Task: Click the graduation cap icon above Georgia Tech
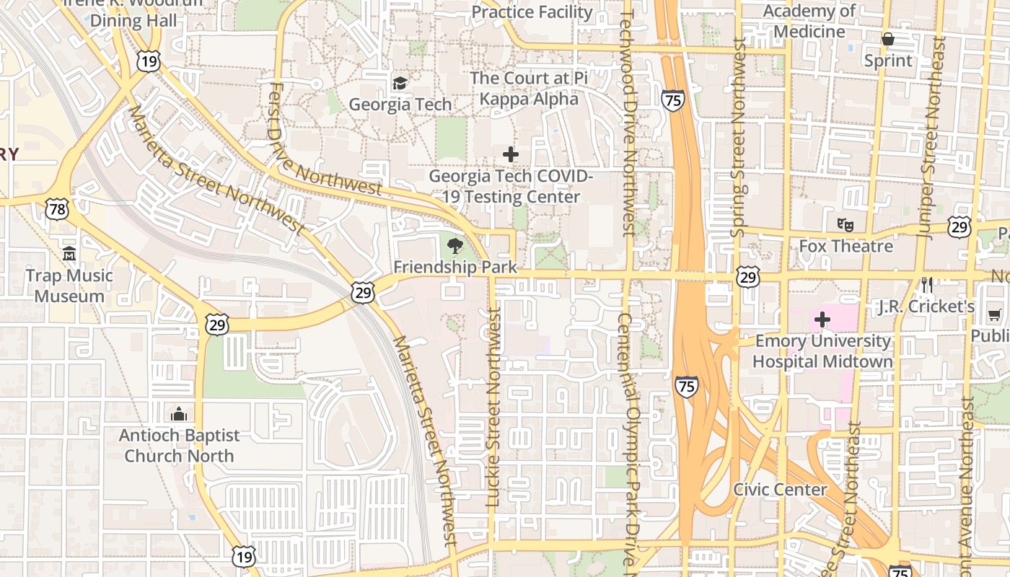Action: click(x=400, y=83)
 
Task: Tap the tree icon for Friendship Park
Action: click(x=455, y=247)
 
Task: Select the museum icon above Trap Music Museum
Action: click(x=69, y=254)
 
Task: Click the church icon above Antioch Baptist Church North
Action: click(x=178, y=414)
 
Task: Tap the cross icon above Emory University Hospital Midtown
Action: click(x=822, y=320)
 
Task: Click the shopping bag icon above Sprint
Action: click(x=888, y=39)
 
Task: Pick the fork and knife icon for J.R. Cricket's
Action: click(x=927, y=285)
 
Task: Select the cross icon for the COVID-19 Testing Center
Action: click(x=511, y=154)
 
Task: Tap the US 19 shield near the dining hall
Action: click(x=149, y=61)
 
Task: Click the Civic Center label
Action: click(x=780, y=490)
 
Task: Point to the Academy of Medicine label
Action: click(x=809, y=22)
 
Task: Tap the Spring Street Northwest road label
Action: click(x=737, y=137)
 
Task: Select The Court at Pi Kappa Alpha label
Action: click(x=530, y=88)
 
